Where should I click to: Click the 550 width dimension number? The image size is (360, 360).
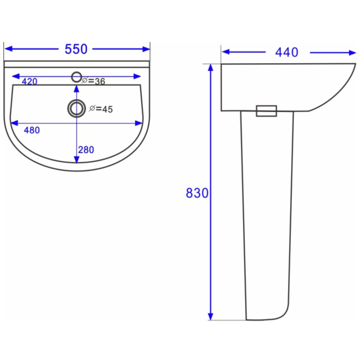[x=76, y=49]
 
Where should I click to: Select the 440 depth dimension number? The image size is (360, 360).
[x=286, y=53]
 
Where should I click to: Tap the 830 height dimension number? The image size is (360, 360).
[x=197, y=193]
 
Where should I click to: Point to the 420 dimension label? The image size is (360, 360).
[x=29, y=81]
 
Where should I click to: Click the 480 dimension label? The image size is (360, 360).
[x=31, y=130]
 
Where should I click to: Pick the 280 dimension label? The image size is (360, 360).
[x=86, y=150]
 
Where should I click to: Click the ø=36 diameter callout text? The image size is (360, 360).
[x=94, y=81]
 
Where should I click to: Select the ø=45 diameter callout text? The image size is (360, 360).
[x=101, y=109]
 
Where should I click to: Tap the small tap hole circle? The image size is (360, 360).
[x=76, y=77]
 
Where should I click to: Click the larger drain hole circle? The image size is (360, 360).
[x=76, y=108]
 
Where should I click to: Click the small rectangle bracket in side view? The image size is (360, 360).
[x=266, y=111]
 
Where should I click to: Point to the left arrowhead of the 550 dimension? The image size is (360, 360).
[x=8, y=49]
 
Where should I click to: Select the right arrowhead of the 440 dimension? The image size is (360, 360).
[x=352, y=53]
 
